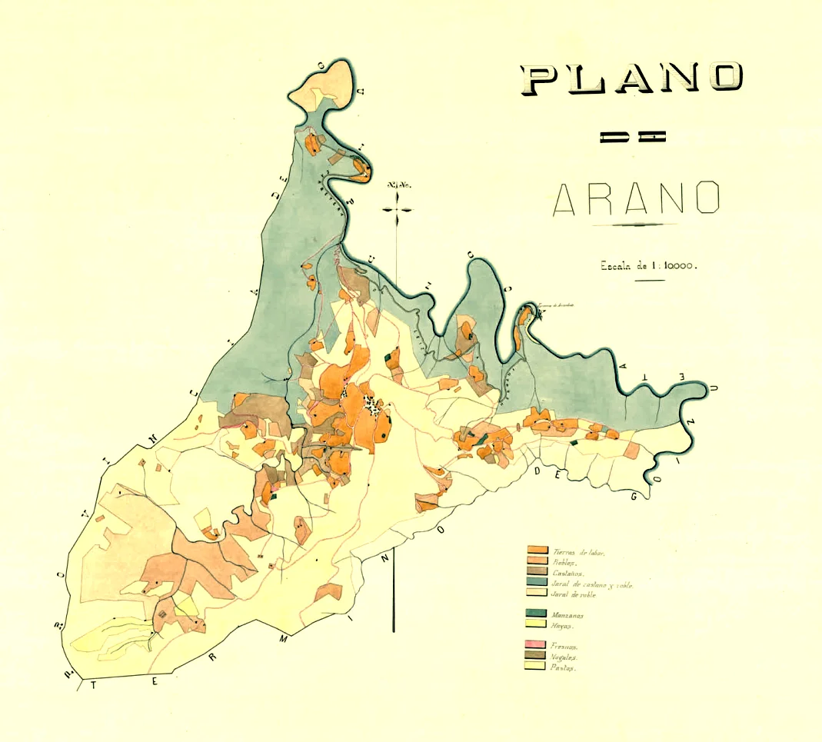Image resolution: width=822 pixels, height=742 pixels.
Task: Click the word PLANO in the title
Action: (633, 78)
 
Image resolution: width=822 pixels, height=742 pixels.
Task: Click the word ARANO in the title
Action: (636, 198)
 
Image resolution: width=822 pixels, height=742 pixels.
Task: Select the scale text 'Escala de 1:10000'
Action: (649, 266)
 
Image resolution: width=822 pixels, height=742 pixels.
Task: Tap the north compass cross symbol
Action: (397, 208)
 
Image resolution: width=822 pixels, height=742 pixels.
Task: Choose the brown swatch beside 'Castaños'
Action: (537, 573)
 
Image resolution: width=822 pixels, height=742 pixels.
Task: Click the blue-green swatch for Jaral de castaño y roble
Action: (537, 584)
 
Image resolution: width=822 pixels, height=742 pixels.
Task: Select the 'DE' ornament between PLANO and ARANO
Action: (632, 138)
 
